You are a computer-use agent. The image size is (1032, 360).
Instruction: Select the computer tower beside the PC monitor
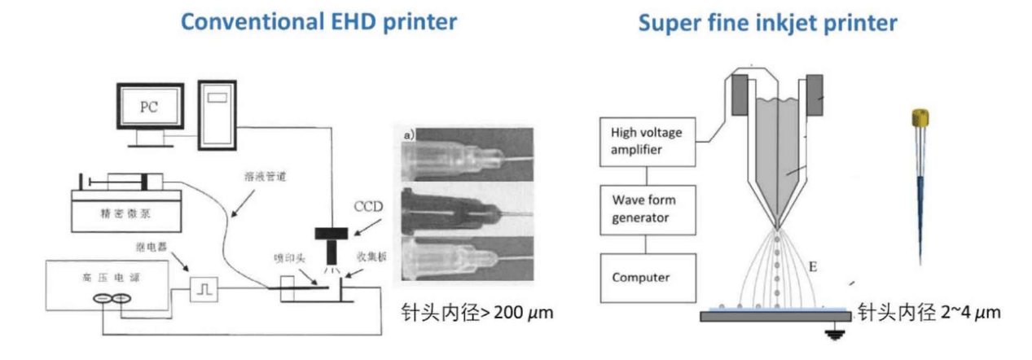coord(217,114)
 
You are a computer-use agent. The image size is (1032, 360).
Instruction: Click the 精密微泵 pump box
coord(127,215)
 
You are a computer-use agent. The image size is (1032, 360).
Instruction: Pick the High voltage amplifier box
coord(646,140)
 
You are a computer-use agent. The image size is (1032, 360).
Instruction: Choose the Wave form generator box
coord(646,208)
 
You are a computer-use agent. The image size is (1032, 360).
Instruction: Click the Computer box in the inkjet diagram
coord(646,276)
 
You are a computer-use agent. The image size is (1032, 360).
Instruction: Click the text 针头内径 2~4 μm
coord(928,312)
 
